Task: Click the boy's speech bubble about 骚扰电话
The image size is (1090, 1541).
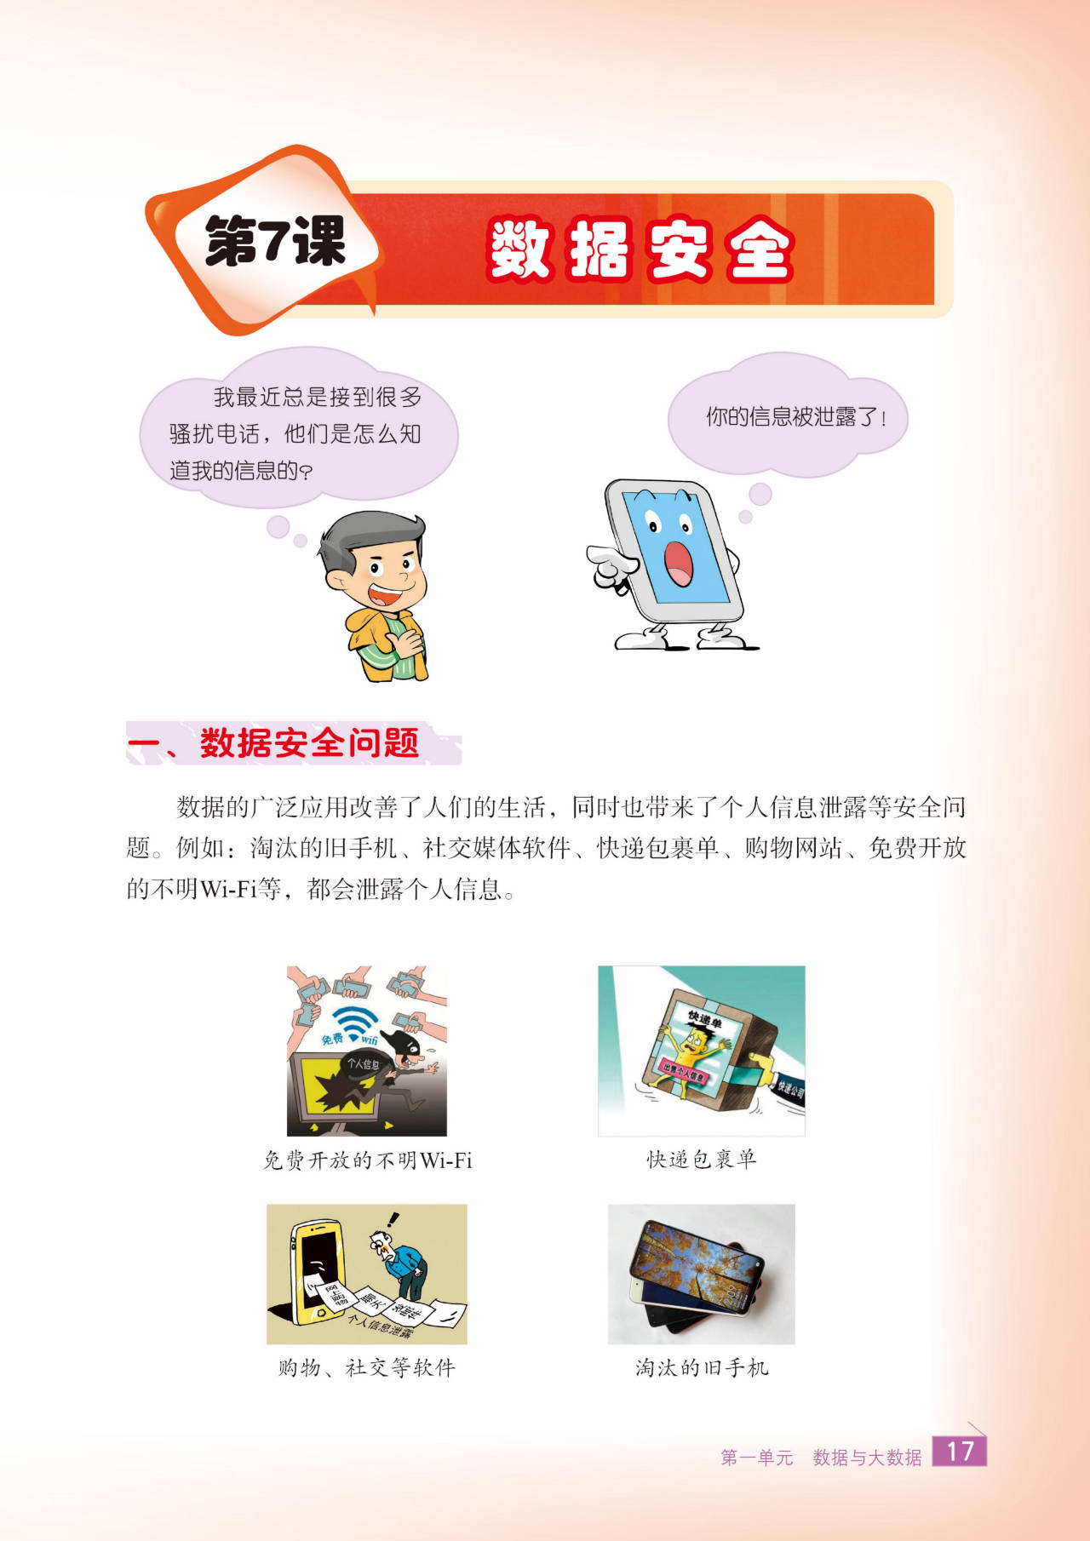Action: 298,431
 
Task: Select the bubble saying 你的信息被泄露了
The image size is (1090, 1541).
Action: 789,416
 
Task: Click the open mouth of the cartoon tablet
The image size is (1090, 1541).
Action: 679,564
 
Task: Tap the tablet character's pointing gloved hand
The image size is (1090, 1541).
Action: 611,564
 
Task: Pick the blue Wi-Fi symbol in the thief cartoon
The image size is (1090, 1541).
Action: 356,1023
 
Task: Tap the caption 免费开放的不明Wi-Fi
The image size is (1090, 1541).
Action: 367,1160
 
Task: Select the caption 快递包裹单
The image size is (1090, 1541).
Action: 701,1159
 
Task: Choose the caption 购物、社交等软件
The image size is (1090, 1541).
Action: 367,1367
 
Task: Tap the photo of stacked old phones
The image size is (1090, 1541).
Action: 701,1275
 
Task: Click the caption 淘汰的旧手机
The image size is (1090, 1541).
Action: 702,1367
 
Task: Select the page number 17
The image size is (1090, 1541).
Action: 960,1452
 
